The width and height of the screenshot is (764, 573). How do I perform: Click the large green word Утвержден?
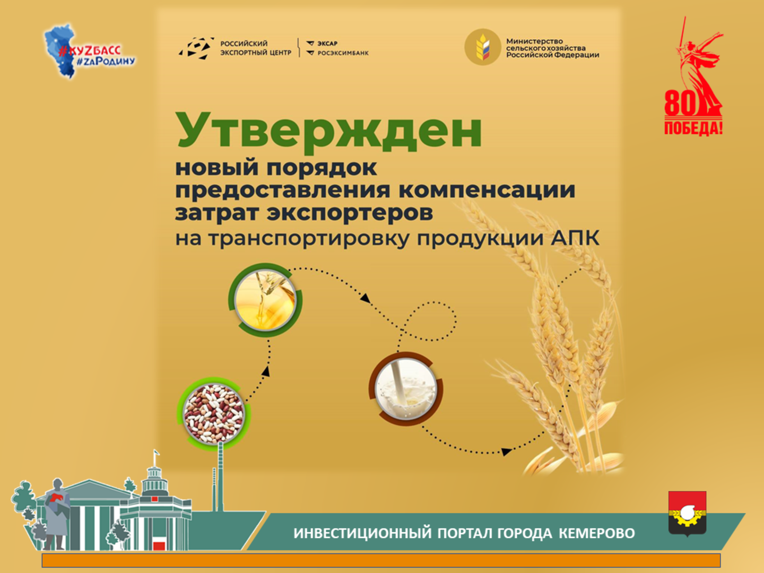[x=329, y=133]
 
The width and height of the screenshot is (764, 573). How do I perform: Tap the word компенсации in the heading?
[x=487, y=190]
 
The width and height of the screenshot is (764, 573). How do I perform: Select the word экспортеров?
[x=350, y=213]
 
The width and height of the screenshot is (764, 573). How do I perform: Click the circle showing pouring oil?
[x=265, y=300]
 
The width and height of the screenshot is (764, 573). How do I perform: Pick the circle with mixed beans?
[x=214, y=414]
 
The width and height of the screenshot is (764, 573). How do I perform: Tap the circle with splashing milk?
[x=406, y=388]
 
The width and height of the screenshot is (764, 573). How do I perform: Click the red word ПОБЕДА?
[x=693, y=127]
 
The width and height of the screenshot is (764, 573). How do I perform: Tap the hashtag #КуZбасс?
[x=90, y=51]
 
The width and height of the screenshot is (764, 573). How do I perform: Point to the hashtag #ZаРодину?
[x=106, y=62]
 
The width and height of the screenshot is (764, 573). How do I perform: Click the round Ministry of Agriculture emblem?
[x=482, y=47]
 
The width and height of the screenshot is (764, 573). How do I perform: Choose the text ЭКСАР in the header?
[x=327, y=44]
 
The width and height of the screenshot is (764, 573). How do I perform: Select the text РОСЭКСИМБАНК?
[x=343, y=53]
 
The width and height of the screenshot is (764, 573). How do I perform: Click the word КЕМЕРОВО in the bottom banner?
[x=597, y=533]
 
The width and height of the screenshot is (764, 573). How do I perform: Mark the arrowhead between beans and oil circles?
[x=266, y=371]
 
